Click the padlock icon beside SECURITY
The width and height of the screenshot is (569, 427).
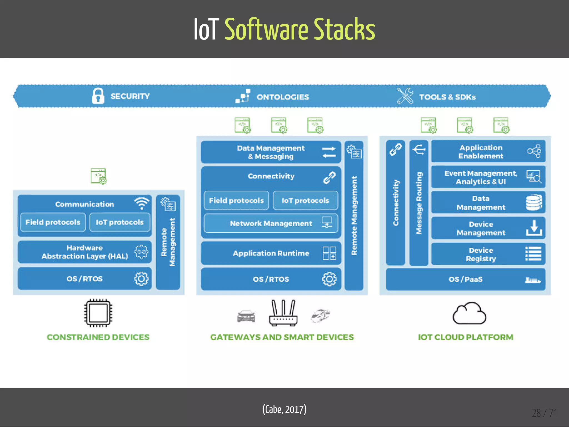coord(98,96)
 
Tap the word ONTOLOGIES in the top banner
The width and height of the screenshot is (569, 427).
coord(283,97)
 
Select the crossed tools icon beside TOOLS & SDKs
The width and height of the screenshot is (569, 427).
coord(405,96)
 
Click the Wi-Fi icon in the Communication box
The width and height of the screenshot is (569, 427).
coord(142,203)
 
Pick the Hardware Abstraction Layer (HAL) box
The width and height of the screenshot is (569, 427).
coord(85,252)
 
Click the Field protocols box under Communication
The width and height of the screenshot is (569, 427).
coord(53,222)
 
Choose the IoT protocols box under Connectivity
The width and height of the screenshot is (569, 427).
coord(305,200)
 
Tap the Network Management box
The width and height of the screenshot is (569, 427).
coord(271,223)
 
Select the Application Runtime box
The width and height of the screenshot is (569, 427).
coord(271,253)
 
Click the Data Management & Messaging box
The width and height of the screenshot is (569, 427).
coord(271,152)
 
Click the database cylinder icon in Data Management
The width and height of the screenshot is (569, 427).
coord(534,202)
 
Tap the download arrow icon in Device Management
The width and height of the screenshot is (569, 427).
coord(534,228)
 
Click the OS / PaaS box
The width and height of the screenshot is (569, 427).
coord(466,279)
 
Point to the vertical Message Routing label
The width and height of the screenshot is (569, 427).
coord(419,203)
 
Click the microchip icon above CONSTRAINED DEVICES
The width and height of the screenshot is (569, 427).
coord(98,312)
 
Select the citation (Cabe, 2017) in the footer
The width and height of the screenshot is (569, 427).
coord(284,409)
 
